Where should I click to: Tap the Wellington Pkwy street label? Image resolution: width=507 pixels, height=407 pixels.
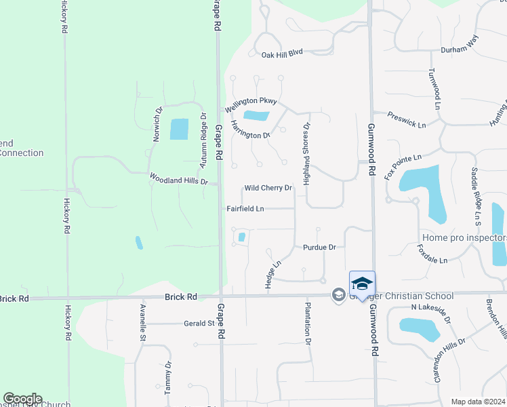[x=251, y=104]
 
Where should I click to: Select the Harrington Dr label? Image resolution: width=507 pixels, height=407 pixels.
[x=250, y=130]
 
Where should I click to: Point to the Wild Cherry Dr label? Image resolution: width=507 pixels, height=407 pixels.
[x=268, y=188]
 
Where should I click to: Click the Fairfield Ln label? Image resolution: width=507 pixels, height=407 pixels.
[x=245, y=209]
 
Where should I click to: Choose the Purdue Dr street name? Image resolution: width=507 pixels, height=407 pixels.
[x=319, y=248]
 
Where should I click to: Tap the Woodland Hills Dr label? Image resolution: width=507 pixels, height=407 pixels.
[x=178, y=179]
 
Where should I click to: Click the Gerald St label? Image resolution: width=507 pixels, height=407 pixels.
[x=199, y=324]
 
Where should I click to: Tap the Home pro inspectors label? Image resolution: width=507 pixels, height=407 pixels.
[x=464, y=237]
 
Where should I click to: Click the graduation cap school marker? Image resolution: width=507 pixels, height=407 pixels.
[x=362, y=283]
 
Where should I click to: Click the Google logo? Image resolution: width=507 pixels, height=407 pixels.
[x=22, y=399]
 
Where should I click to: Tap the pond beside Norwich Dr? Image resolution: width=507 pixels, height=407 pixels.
[x=179, y=129]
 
